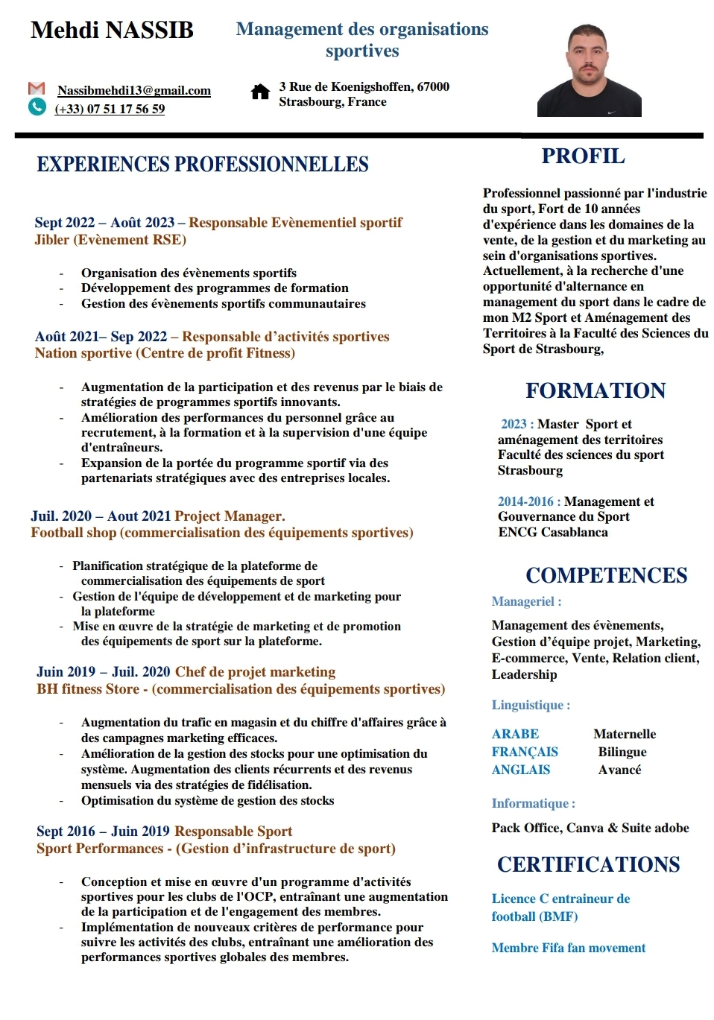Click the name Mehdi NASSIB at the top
[x=112, y=31]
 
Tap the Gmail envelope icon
[x=37, y=89]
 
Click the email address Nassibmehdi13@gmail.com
[x=134, y=91]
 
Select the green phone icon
[x=37, y=107]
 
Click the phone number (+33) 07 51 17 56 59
[x=110, y=110]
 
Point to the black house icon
[x=260, y=92]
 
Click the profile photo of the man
[x=589, y=71]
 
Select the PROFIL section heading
[x=583, y=156]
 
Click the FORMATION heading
[x=595, y=391]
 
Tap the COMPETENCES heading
[x=607, y=576]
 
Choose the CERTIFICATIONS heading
[x=589, y=865]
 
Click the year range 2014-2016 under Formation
[x=525, y=502]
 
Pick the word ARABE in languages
[x=515, y=735]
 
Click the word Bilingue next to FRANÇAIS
[x=622, y=753]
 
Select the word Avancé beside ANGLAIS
[x=619, y=770]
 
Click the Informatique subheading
[x=533, y=804]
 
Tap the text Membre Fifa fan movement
[x=569, y=948]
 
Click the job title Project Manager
[x=229, y=516]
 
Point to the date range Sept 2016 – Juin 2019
[x=103, y=831]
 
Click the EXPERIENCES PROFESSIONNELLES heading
[x=203, y=165]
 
